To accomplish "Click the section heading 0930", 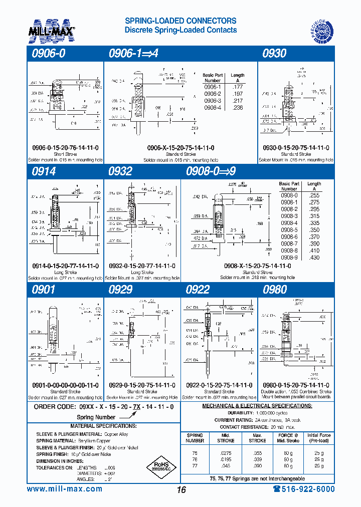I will pos(274,53).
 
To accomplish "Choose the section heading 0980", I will pos(275,290).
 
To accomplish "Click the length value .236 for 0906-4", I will pos(237,108).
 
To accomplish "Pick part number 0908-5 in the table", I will pos(289,229).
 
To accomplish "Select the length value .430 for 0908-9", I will pos(314,258).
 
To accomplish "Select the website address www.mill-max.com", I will pos(64,489).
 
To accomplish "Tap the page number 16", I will pos(181,489).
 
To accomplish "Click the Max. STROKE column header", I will pos(257,438).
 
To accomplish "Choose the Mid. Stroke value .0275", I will pos(225,452).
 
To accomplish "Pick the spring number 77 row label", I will pos(195,466).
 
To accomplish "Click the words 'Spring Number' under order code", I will pos(96,417).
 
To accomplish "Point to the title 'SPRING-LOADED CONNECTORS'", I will pos(180,21).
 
